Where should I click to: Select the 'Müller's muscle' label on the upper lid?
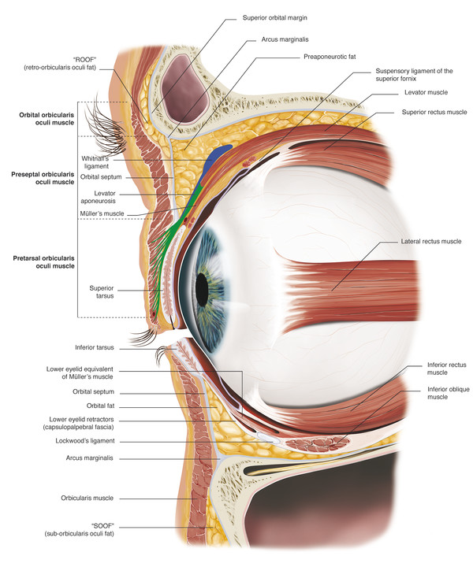pyautogui.click(x=103, y=213)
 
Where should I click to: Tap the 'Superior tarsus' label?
pyautogui.click(x=105, y=292)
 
